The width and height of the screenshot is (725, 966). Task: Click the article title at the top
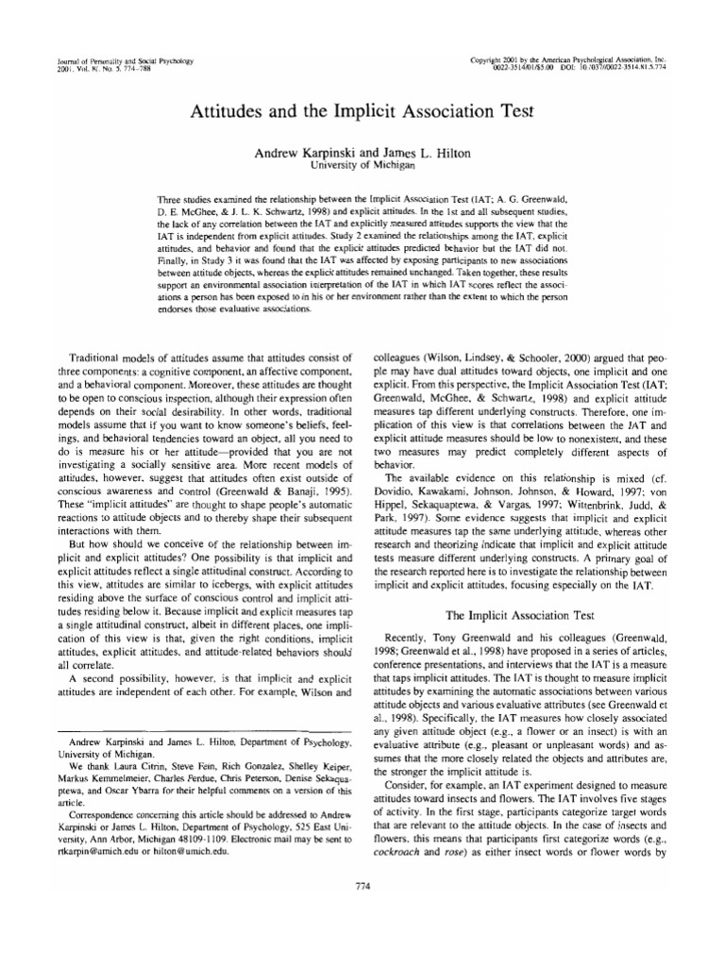(362, 108)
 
